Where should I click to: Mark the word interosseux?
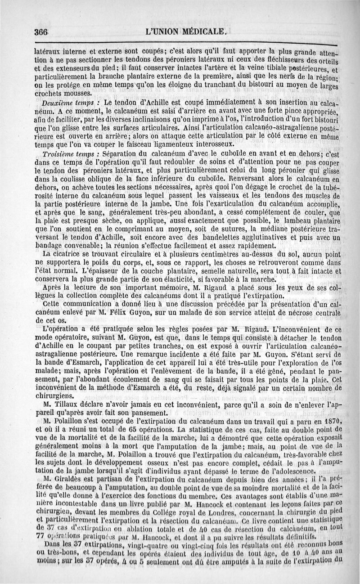pos(212,144)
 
